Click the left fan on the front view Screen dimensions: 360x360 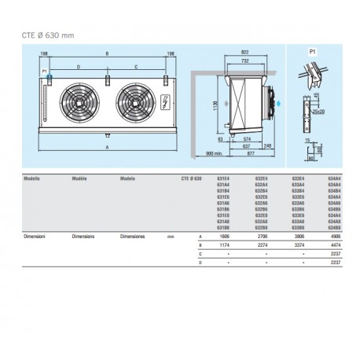pyautogui.click(x=81, y=101)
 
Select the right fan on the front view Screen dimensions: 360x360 pyautogui.click(x=130, y=101)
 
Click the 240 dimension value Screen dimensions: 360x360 pyautogui.click(x=269, y=146)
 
